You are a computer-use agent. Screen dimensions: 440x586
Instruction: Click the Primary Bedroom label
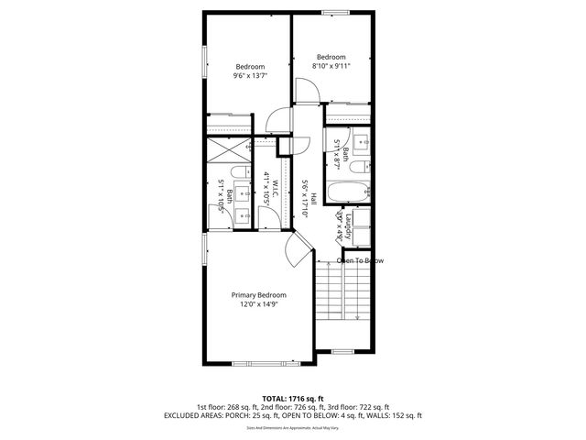pyautogui.click(x=258, y=295)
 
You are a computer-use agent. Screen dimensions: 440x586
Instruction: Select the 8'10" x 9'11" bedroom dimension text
pyautogui.click(x=331, y=65)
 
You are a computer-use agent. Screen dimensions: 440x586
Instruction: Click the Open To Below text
pyautogui.click(x=360, y=261)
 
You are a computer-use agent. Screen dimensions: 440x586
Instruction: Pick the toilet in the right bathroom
pyautogui.click(x=359, y=168)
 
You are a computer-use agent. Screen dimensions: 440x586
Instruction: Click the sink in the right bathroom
pyautogui.click(x=362, y=142)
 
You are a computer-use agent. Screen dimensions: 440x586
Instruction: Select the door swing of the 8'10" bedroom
pyautogui.click(x=308, y=91)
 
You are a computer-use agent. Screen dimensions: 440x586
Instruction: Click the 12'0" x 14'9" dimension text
pyautogui.click(x=258, y=304)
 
